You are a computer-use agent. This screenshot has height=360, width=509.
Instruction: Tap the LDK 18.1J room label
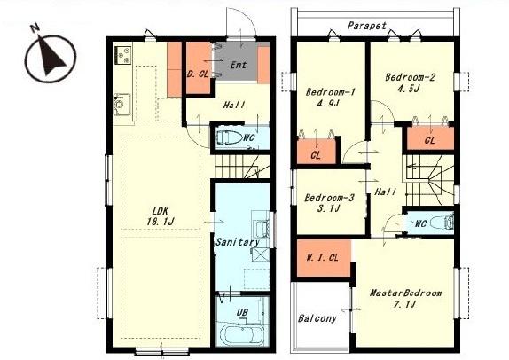click(x=161, y=216)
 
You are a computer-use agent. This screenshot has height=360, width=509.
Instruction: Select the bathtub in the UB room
click(x=242, y=335)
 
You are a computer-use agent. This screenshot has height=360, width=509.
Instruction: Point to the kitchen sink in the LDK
click(x=122, y=105)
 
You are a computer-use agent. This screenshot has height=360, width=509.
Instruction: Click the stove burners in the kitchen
click(x=123, y=55)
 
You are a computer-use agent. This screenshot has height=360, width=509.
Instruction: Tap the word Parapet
click(x=367, y=26)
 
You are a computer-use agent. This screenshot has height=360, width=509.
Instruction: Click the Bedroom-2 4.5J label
click(x=410, y=82)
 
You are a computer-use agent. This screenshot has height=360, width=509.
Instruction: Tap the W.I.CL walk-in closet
click(x=324, y=258)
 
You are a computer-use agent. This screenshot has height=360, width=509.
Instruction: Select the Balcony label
click(x=317, y=318)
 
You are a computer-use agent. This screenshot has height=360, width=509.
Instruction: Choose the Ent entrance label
click(x=239, y=65)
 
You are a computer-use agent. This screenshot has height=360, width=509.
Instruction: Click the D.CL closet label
click(x=198, y=74)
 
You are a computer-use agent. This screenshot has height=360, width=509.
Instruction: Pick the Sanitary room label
click(x=238, y=242)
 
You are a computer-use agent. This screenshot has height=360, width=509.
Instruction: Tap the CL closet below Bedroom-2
click(x=430, y=138)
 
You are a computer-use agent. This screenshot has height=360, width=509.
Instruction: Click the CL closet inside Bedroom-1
click(x=317, y=152)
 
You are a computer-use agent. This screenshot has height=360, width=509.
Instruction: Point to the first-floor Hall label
click(x=234, y=106)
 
